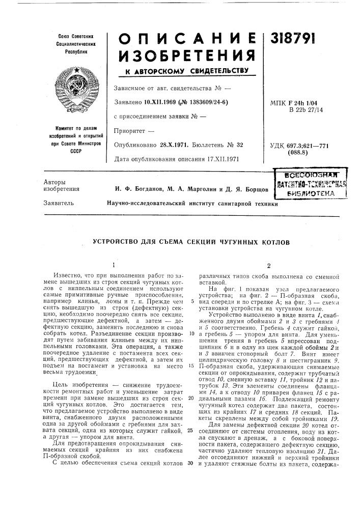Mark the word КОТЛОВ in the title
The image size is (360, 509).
point(274,242)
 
